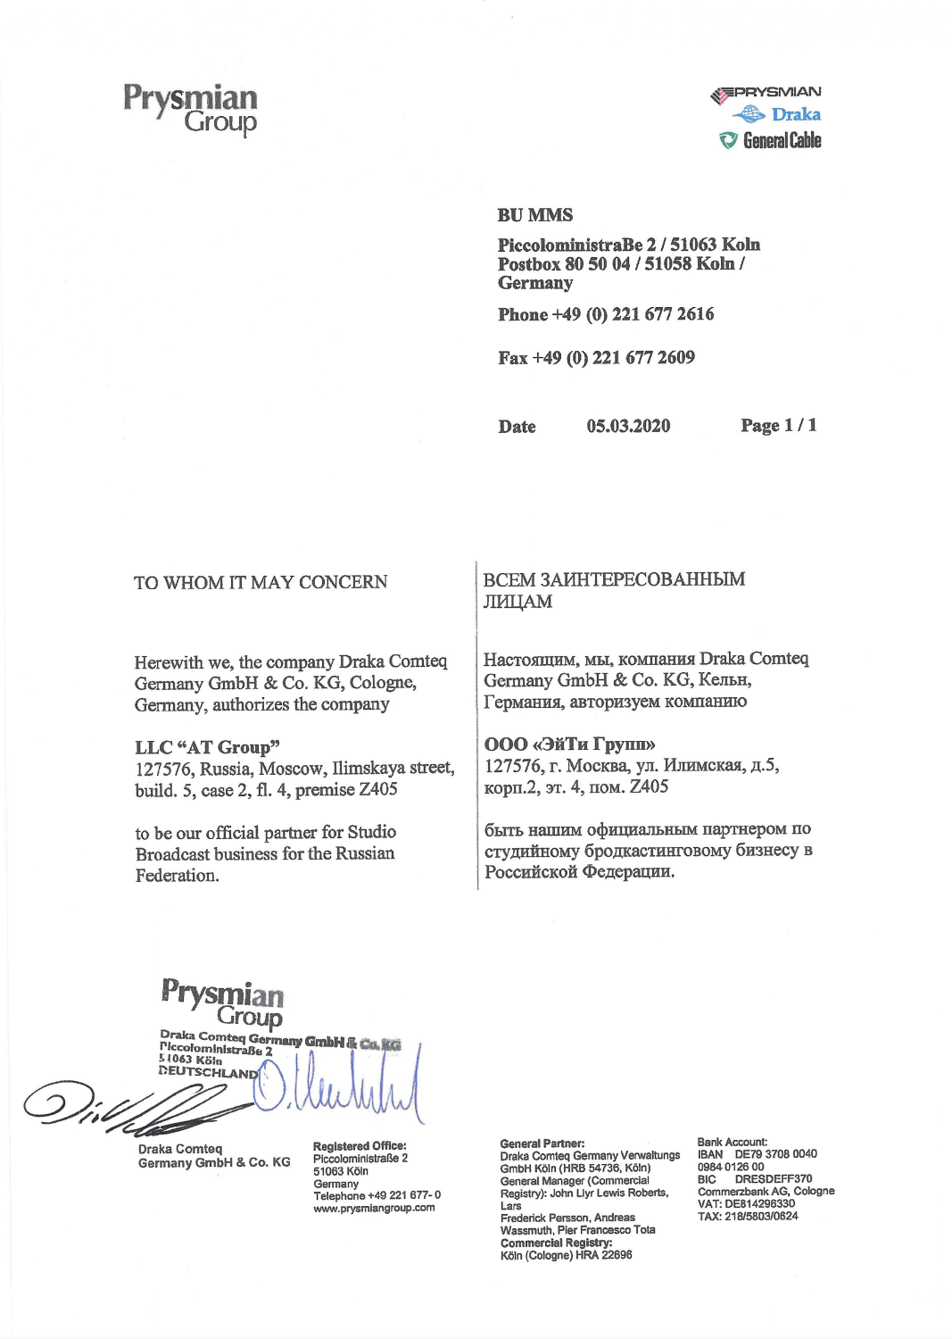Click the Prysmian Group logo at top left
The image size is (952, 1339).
[x=190, y=108]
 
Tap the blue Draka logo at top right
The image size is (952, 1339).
[x=777, y=114]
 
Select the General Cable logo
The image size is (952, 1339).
[x=771, y=140]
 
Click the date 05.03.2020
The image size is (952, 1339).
[x=628, y=426]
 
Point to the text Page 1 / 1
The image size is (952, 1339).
[x=778, y=425]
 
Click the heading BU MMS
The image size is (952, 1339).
[x=535, y=215]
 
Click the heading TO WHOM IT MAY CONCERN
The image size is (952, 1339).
[x=261, y=582]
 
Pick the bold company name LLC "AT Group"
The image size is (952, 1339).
[x=208, y=746]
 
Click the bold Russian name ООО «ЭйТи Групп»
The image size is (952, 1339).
[x=570, y=744]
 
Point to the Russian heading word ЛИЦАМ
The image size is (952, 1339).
[x=517, y=602]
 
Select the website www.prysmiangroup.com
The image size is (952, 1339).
[x=374, y=1208]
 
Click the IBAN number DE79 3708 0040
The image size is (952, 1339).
[x=775, y=1153]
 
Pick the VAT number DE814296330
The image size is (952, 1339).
[x=759, y=1203]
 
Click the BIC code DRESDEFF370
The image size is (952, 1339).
[x=773, y=1178]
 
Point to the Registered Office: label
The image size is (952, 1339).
[x=360, y=1145]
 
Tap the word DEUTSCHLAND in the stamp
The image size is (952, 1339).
[x=208, y=1071]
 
